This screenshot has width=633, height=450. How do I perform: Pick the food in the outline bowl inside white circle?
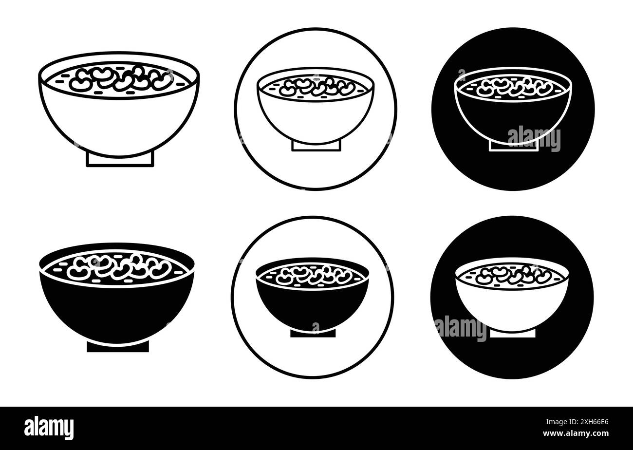click(x=316, y=87)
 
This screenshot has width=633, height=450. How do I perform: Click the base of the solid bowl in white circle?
click(x=313, y=333)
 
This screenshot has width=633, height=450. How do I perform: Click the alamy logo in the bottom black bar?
click(x=49, y=428)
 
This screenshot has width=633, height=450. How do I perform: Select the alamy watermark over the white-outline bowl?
click(x=534, y=138)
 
